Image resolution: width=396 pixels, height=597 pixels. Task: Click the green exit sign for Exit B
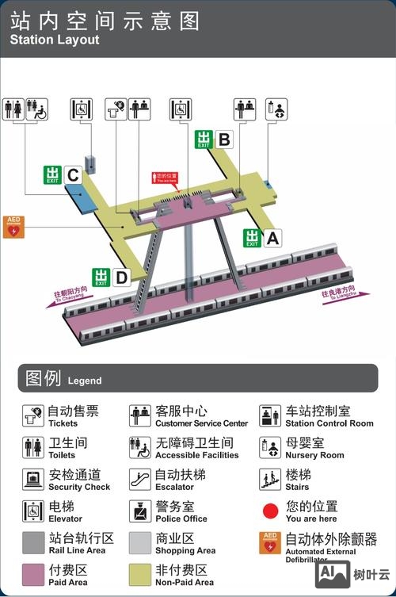(204, 140)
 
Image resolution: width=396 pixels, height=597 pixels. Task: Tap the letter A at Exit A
(272, 237)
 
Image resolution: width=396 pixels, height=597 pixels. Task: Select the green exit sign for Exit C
(53, 174)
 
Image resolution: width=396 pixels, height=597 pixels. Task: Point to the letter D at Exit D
(121, 277)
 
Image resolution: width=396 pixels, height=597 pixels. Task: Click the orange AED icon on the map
(14, 227)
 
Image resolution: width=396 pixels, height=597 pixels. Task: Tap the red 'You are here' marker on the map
(166, 178)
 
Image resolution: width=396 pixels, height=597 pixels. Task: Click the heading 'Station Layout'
(55, 40)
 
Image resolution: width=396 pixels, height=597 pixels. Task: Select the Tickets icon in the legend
(33, 415)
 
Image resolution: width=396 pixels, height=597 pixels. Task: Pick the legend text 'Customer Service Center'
(201, 423)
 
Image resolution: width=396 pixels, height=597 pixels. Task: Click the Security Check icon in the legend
(33, 479)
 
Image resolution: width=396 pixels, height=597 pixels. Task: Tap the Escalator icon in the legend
(140, 479)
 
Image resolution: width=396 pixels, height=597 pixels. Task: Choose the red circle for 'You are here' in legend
(271, 511)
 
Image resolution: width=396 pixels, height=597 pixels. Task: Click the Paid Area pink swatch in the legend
(33, 574)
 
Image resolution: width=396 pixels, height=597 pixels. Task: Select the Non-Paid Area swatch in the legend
(140, 574)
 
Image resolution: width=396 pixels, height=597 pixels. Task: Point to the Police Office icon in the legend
(140, 511)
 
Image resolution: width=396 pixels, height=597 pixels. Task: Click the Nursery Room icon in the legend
(271, 447)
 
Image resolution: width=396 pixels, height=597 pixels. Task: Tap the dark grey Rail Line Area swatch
(33, 542)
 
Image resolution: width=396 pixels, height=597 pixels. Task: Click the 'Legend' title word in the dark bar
(85, 381)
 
